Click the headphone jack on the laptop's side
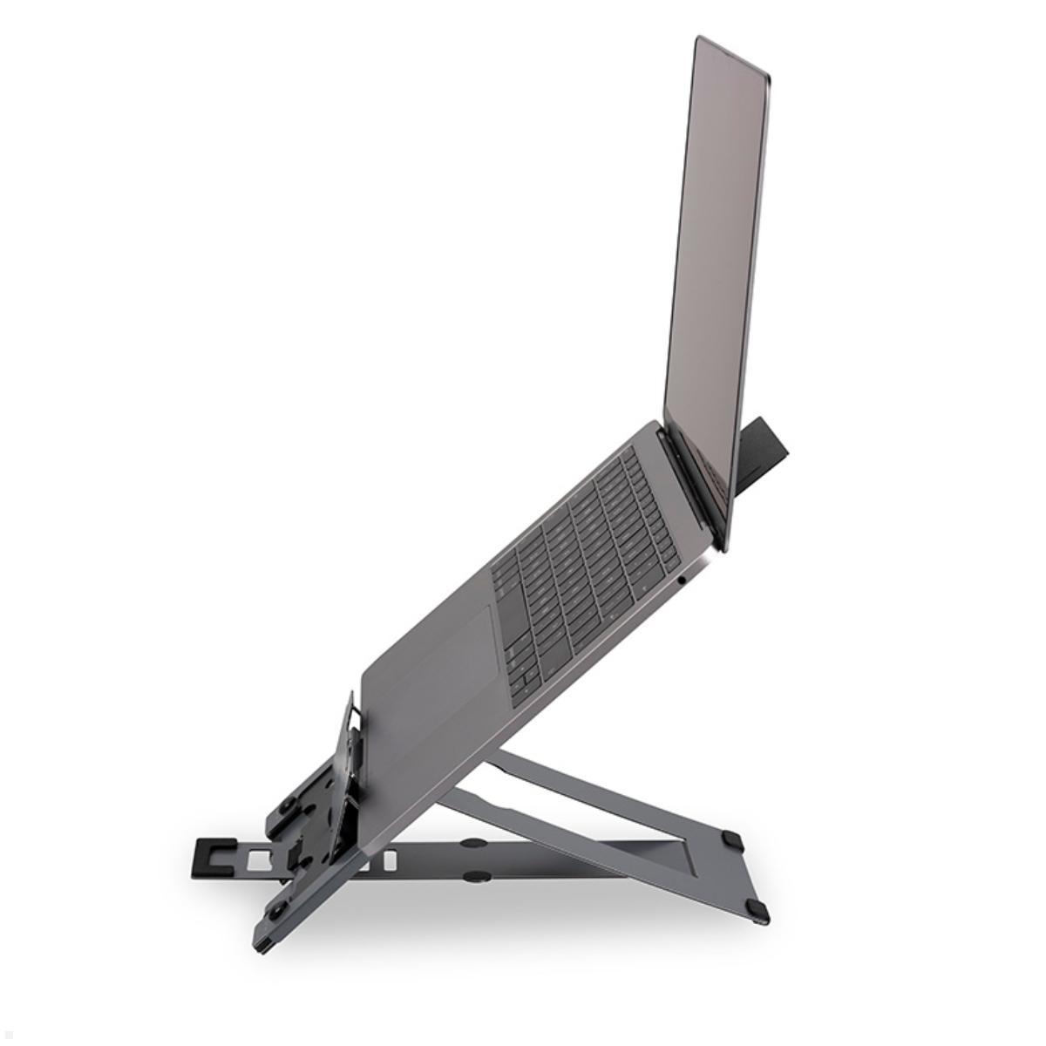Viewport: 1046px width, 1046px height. pyautogui.click(x=681, y=578)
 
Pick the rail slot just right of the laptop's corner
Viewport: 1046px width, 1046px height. pyautogui.click(x=389, y=860)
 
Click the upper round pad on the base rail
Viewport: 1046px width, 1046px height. pyautogui.click(x=474, y=844)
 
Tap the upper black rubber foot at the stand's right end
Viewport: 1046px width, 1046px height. pyautogui.click(x=731, y=841)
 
